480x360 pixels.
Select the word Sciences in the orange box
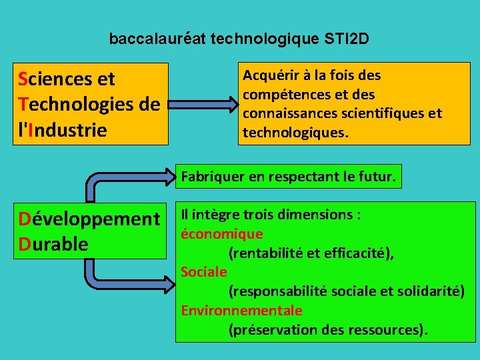(57, 79)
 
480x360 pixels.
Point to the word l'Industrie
(63, 130)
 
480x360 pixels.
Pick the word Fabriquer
(211, 177)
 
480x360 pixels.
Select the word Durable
(53, 244)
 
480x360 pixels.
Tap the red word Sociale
(204, 272)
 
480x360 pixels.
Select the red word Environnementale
(241, 311)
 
